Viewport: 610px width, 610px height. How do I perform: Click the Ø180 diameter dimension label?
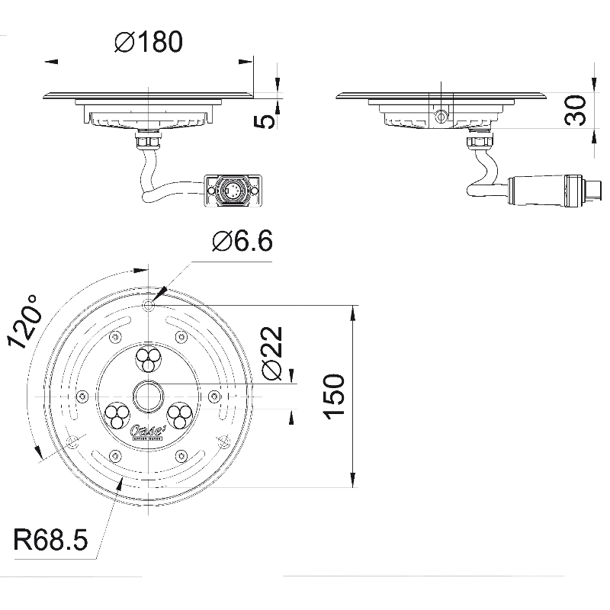coord(149,43)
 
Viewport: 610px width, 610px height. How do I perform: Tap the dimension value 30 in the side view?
coord(577,111)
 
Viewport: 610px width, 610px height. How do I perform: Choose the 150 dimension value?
coord(335,395)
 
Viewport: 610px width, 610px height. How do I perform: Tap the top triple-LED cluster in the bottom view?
coord(147,356)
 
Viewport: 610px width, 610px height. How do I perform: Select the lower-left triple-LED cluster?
coord(116,416)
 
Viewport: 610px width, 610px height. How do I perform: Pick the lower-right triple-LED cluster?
coord(181,416)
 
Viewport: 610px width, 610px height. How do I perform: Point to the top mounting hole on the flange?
coord(148,306)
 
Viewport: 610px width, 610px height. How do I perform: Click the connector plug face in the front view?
coord(233,188)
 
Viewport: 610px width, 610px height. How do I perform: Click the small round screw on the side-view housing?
coord(440,114)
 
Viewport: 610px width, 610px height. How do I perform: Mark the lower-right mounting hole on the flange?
coord(223,440)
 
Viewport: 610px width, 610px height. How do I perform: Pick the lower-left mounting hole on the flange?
coord(71,443)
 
